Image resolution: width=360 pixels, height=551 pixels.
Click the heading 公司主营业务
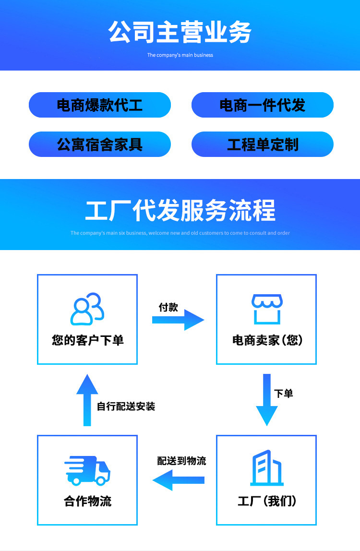[x=180, y=33]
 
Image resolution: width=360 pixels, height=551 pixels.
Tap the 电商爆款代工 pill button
[x=100, y=105]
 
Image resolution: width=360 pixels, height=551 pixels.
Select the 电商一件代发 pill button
[x=262, y=105]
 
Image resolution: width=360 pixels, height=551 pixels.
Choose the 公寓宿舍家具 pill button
[x=100, y=144]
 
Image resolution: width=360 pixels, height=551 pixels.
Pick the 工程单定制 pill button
[x=262, y=144]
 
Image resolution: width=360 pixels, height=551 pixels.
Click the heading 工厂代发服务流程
[x=180, y=211]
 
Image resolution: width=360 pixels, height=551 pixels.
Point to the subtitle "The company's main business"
[x=180, y=55]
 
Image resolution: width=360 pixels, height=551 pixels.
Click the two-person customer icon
[x=87, y=309]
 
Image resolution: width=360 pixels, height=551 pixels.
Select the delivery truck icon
[x=87, y=470]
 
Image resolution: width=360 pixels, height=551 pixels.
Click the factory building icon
[x=267, y=468]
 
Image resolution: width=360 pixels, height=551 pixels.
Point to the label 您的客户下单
[x=88, y=340]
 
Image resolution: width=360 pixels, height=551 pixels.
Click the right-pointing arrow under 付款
[x=178, y=320]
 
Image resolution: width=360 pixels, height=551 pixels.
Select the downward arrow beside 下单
[x=267, y=400]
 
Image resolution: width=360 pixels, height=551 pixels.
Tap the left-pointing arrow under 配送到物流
[x=178, y=480]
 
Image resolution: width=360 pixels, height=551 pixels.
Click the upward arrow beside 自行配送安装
[x=87, y=400]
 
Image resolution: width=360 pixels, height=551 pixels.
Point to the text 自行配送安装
[x=126, y=407]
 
